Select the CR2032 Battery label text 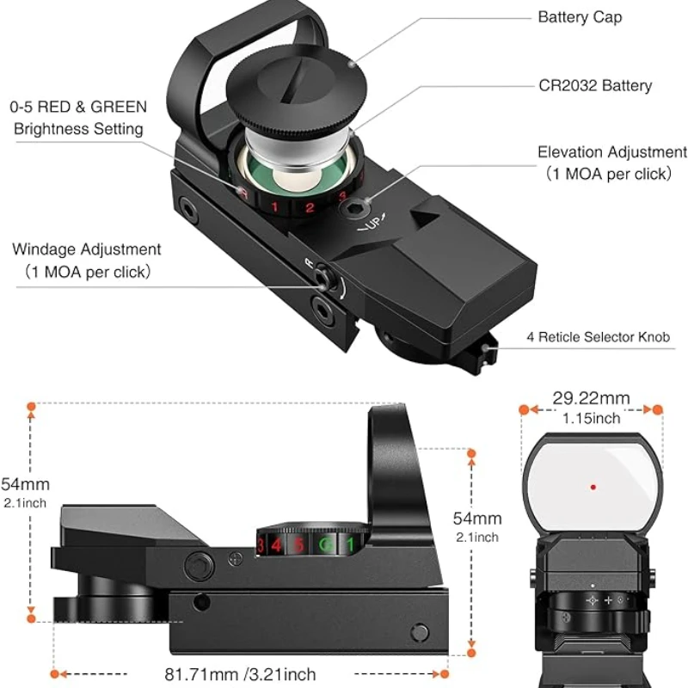[594, 85]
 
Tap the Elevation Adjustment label [612, 152]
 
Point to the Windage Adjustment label [86, 249]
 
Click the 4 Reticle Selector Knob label [598, 337]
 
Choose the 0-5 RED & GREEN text [78, 107]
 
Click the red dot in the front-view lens [593, 487]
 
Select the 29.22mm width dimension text [591, 398]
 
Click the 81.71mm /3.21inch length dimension [240, 674]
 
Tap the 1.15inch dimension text [591, 419]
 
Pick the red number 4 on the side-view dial [276, 544]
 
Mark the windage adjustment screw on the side [319, 277]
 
